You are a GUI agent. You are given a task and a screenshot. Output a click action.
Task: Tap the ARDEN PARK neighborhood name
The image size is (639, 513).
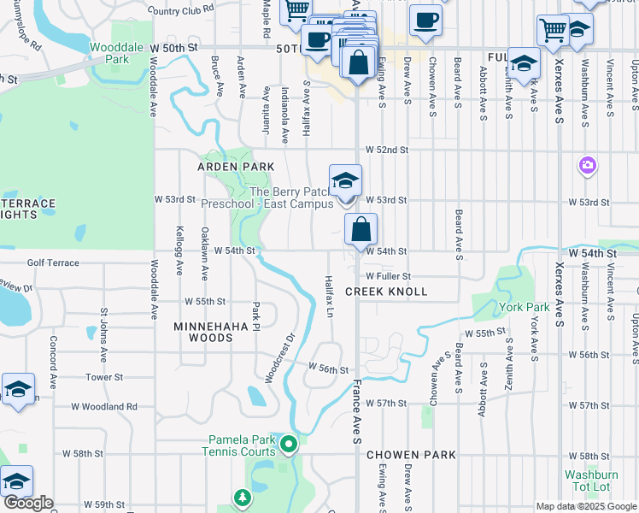tap(237, 167)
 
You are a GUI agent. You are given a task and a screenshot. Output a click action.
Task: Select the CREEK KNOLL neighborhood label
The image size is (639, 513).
tap(385, 292)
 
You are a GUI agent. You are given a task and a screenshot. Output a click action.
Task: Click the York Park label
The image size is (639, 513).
tap(525, 307)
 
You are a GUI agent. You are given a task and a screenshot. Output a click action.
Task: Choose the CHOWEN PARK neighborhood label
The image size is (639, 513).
tap(412, 455)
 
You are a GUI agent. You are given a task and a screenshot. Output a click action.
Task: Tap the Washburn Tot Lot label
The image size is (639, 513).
tap(587, 481)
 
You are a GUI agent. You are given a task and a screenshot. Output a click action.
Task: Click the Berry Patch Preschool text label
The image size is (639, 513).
tap(267, 198)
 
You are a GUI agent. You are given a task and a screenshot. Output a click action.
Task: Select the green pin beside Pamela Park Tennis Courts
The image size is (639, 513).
tap(289, 443)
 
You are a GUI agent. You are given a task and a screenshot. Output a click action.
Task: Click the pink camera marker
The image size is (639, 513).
tap(587, 164)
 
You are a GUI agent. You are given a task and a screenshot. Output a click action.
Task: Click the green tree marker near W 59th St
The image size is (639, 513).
tap(243, 497)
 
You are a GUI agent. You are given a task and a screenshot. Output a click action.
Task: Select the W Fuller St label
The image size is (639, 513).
tap(389, 276)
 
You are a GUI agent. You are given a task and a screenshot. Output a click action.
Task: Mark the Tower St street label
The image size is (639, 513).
tap(104, 376)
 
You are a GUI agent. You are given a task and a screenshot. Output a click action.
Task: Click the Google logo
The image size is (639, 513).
tap(28, 503)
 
